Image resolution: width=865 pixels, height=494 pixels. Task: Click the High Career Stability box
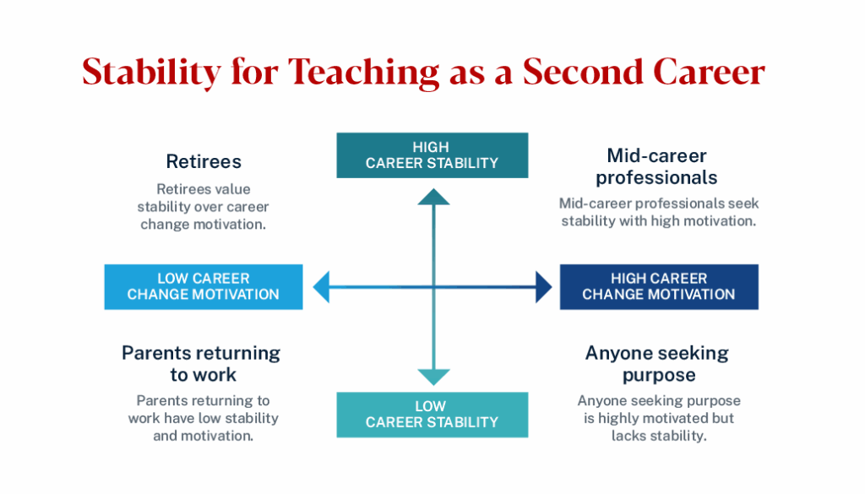pyautogui.click(x=432, y=155)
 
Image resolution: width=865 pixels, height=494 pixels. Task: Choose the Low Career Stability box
pyautogui.click(x=432, y=415)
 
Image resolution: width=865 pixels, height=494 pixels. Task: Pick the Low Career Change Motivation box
pyautogui.click(x=203, y=287)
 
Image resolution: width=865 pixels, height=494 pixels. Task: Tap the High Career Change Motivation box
pyautogui.click(x=659, y=287)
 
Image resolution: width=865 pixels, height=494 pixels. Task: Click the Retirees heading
pyautogui.click(x=204, y=161)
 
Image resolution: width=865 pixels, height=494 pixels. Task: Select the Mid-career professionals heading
pyautogui.click(x=656, y=166)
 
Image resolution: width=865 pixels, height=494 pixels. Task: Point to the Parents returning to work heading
pyautogui.click(x=202, y=363)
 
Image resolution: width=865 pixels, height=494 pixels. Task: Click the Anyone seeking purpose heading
pyautogui.click(x=658, y=363)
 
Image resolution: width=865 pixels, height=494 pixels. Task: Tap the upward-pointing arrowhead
pyautogui.click(x=433, y=198)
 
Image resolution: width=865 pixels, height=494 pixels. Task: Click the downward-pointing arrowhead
pyautogui.click(x=433, y=377)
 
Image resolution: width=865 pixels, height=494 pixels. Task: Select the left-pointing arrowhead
pyautogui.click(x=322, y=288)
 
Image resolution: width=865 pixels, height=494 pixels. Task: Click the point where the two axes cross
pyautogui.click(x=433, y=288)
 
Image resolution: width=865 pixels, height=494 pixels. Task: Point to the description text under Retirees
pyautogui.click(x=204, y=207)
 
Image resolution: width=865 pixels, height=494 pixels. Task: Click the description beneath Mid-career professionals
pyautogui.click(x=656, y=212)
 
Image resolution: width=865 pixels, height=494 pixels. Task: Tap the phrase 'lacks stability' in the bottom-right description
pyautogui.click(x=659, y=436)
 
